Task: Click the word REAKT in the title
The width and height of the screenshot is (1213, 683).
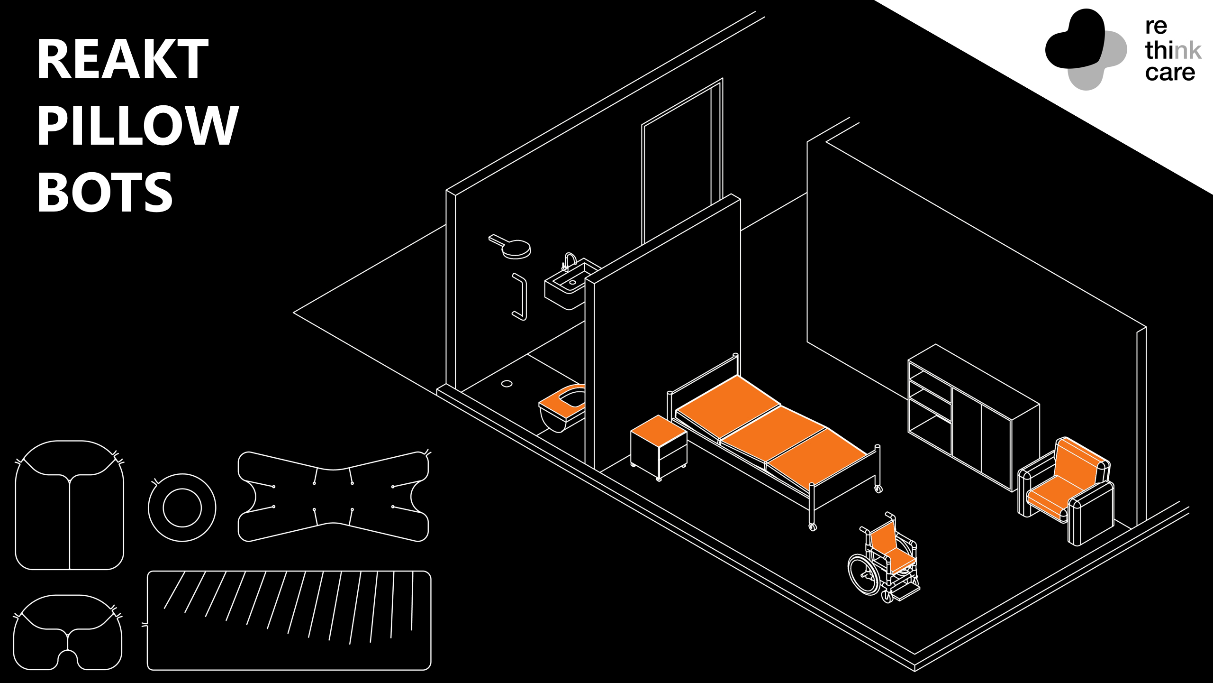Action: coord(122,59)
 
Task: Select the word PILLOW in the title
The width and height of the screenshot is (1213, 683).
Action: coord(137,125)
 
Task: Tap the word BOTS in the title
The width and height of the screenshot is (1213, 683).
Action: coord(105,192)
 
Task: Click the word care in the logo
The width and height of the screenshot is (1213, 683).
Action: coord(1170,73)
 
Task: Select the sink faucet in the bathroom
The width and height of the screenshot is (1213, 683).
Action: coord(569,260)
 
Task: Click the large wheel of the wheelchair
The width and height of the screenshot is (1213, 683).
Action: coord(864,574)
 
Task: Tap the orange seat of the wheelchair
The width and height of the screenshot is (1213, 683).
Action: coord(902,560)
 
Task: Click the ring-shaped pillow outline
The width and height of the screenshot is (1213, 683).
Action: coord(182,508)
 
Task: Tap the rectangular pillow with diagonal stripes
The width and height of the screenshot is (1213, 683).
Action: coord(289,620)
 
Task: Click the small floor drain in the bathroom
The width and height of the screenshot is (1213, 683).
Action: coord(507,384)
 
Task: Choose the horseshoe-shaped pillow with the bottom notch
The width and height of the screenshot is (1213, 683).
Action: coord(68,633)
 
